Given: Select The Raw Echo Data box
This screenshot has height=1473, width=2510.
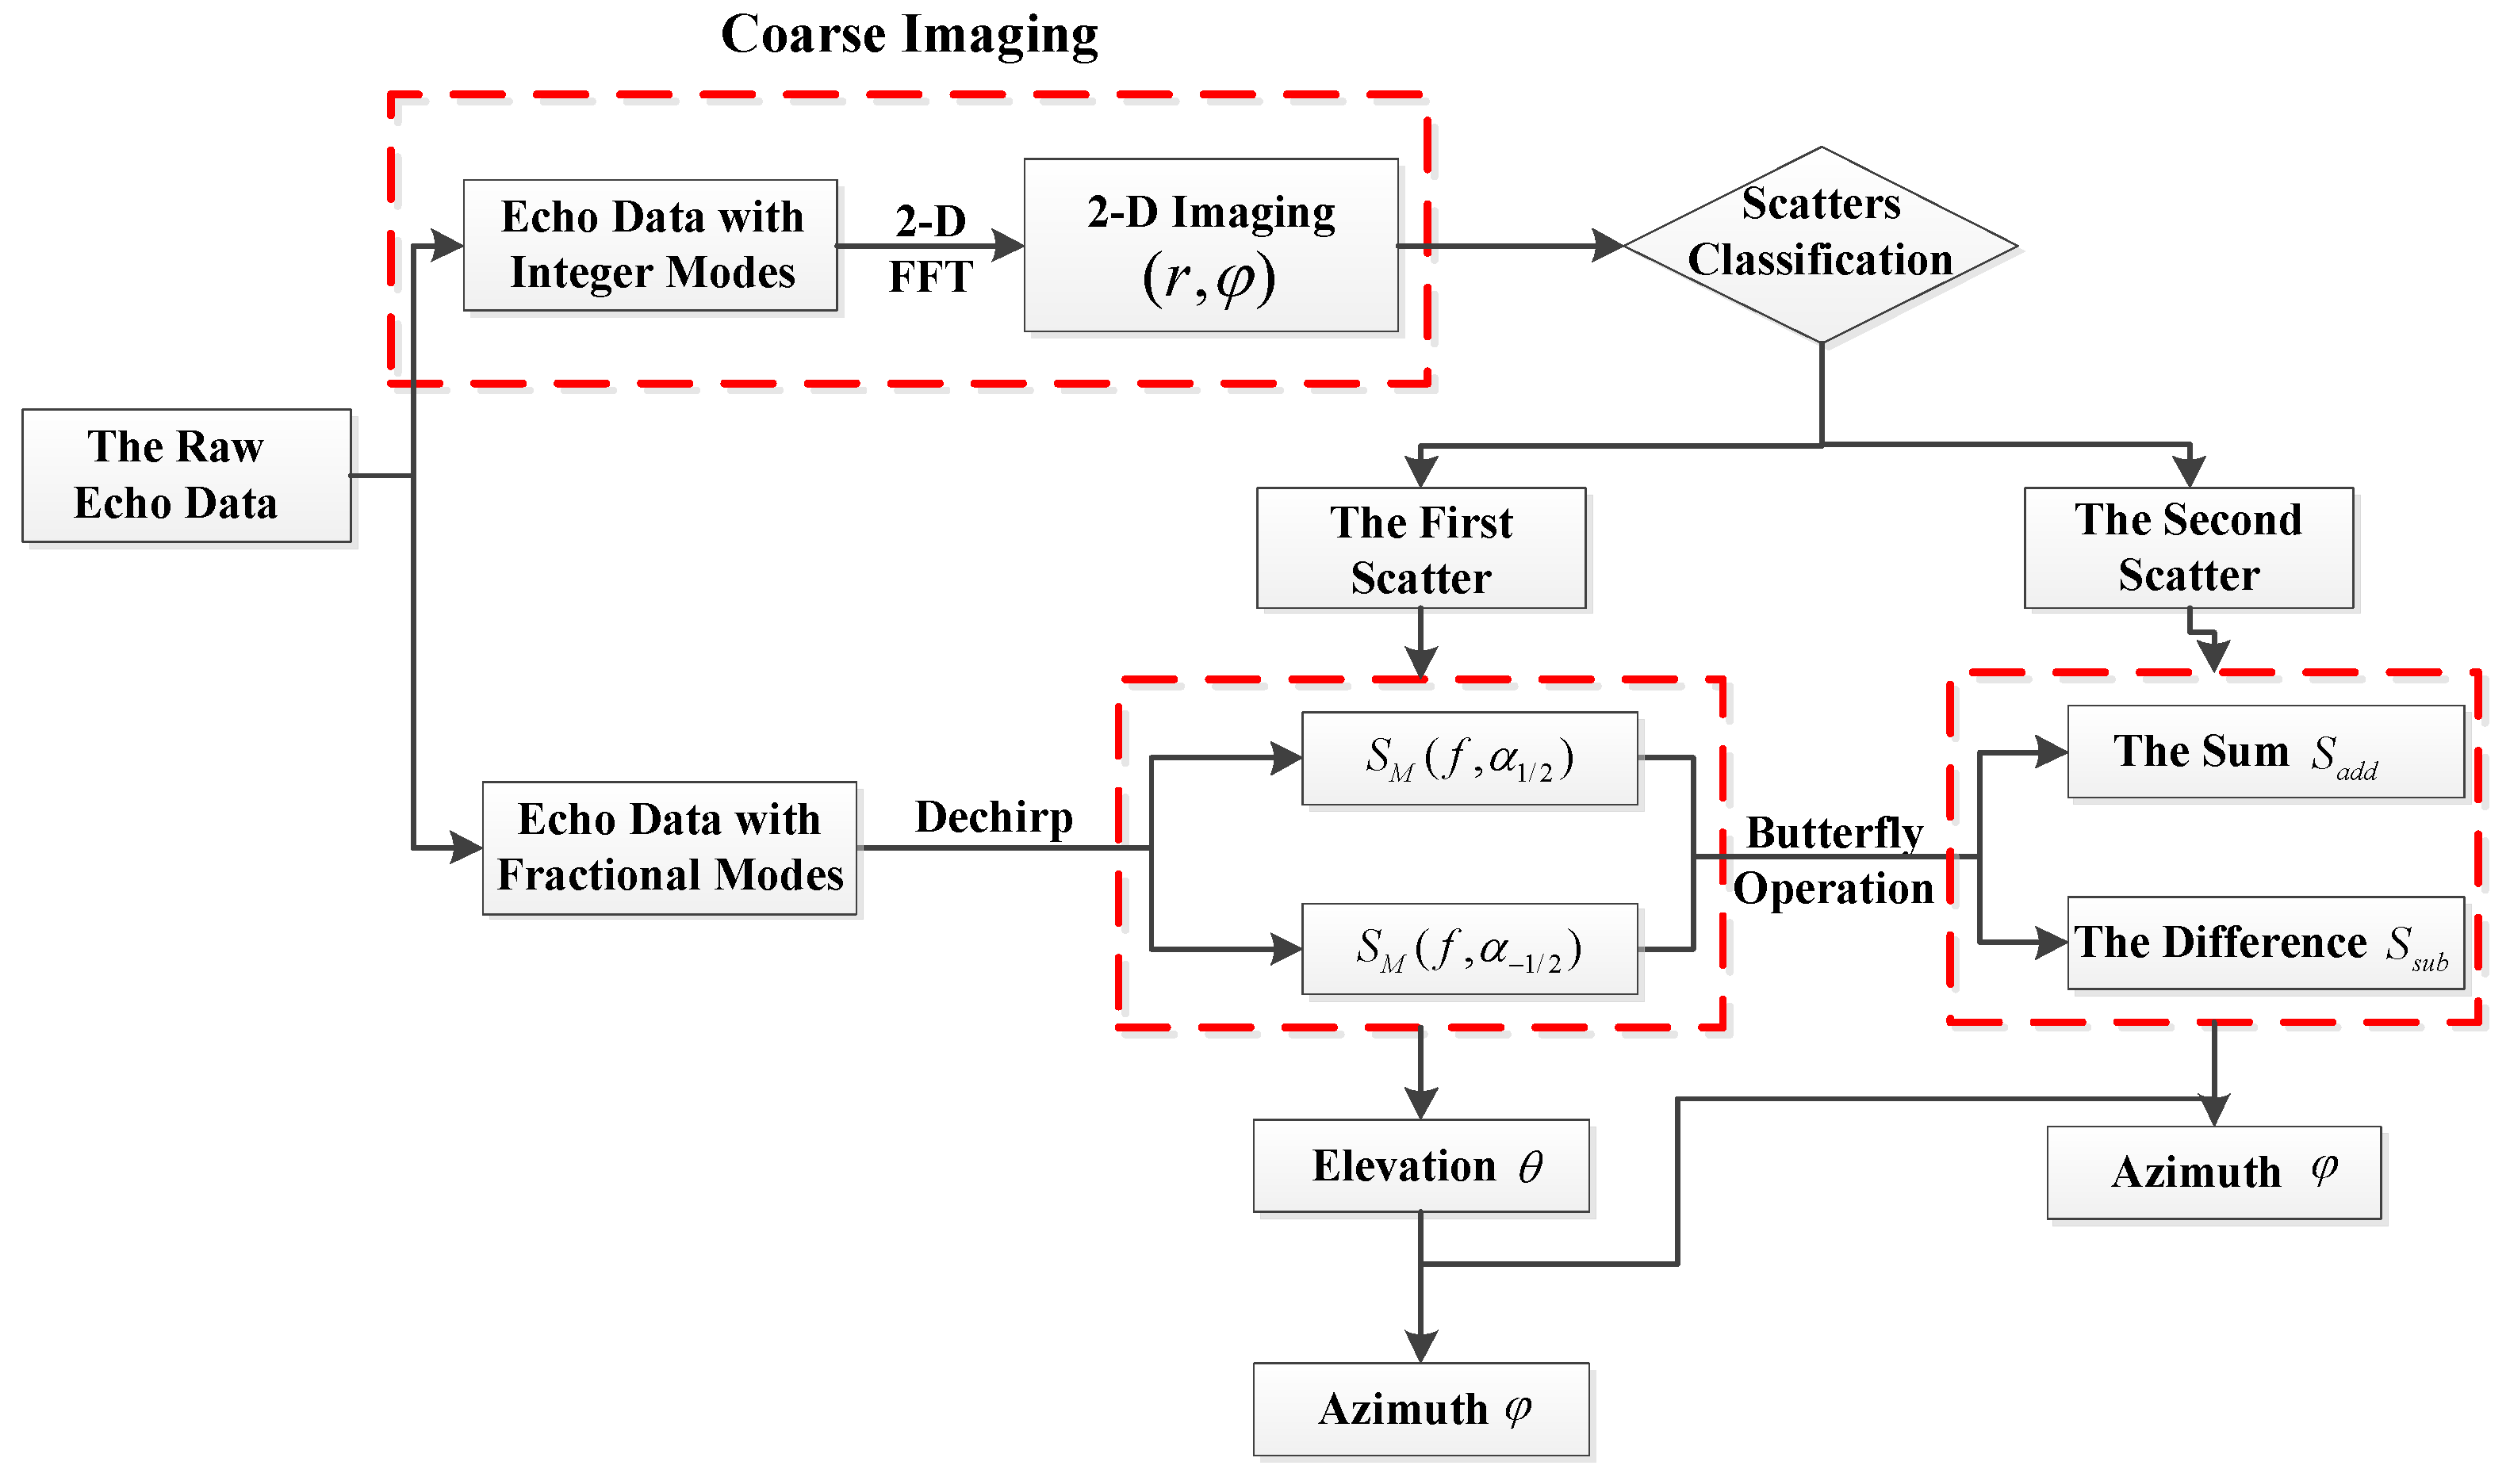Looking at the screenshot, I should pyautogui.click(x=186, y=475).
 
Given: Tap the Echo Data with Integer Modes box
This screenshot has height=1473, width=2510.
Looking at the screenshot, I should pyautogui.click(x=650, y=245).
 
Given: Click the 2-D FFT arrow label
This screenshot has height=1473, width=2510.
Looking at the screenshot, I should pyautogui.click(x=930, y=248).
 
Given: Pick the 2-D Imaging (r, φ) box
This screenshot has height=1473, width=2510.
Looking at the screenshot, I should pyautogui.click(x=1210, y=245).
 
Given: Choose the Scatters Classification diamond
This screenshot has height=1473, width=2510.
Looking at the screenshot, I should pyautogui.click(x=1820, y=244).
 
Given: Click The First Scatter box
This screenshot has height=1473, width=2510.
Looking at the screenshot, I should pyautogui.click(x=1420, y=548).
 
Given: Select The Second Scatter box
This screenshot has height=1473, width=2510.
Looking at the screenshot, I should pyautogui.click(x=2188, y=547).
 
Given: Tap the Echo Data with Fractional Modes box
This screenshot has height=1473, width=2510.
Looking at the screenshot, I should pyautogui.click(x=669, y=847).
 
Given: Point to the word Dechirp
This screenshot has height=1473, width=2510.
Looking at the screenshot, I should pyautogui.click(x=994, y=817).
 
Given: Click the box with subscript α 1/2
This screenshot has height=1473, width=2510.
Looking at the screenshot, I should pyautogui.click(x=1470, y=758).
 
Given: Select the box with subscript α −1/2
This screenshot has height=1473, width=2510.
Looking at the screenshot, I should pyautogui.click(x=1470, y=949).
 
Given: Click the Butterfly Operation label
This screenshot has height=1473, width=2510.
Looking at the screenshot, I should pyautogui.click(x=1834, y=859).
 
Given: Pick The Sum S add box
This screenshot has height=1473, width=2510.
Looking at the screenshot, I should pyautogui.click(x=2265, y=752).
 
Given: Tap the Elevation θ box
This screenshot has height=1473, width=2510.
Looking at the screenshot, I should pyautogui.click(x=1420, y=1165).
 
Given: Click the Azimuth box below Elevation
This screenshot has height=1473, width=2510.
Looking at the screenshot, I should pyautogui.click(x=1420, y=1408).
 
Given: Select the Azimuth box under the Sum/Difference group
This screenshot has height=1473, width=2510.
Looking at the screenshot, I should pyautogui.click(x=2213, y=1173).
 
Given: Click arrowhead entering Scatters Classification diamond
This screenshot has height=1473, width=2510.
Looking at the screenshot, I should pyautogui.click(x=1608, y=245).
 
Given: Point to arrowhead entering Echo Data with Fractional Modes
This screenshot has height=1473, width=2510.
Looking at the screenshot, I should pyautogui.click(x=467, y=847).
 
